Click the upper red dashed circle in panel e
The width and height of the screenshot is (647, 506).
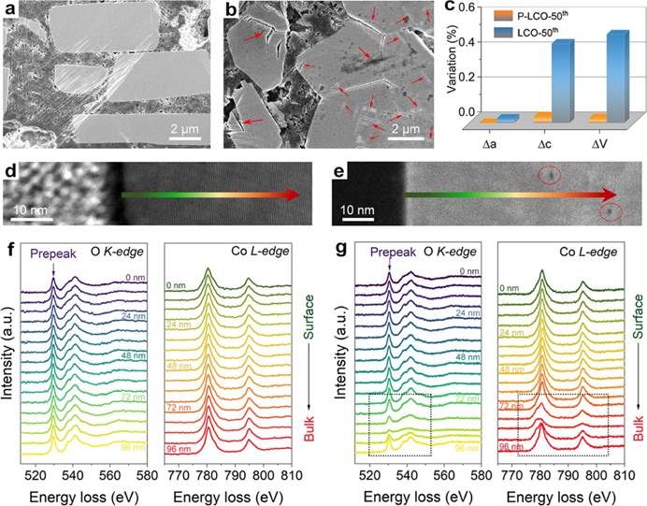tap(551, 174)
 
